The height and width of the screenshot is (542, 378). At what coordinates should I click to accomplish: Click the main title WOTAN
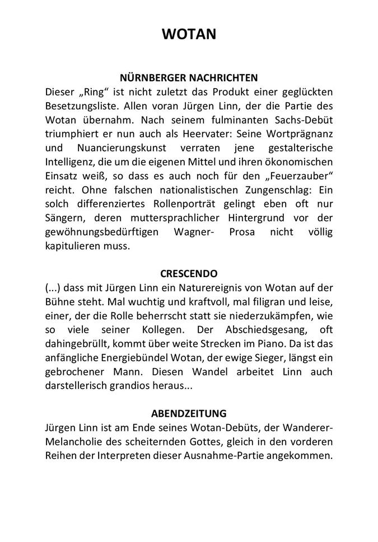click(x=189, y=34)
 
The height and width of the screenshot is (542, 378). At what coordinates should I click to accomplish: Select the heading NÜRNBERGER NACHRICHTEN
click(x=189, y=77)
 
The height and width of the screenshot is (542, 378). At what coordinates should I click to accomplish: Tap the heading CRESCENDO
click(x=189, y=275)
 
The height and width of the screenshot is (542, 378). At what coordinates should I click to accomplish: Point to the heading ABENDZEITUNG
click(x=189, y=414)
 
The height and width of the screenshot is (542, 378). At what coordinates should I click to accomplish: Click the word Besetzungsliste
click(x=82, y=105)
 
